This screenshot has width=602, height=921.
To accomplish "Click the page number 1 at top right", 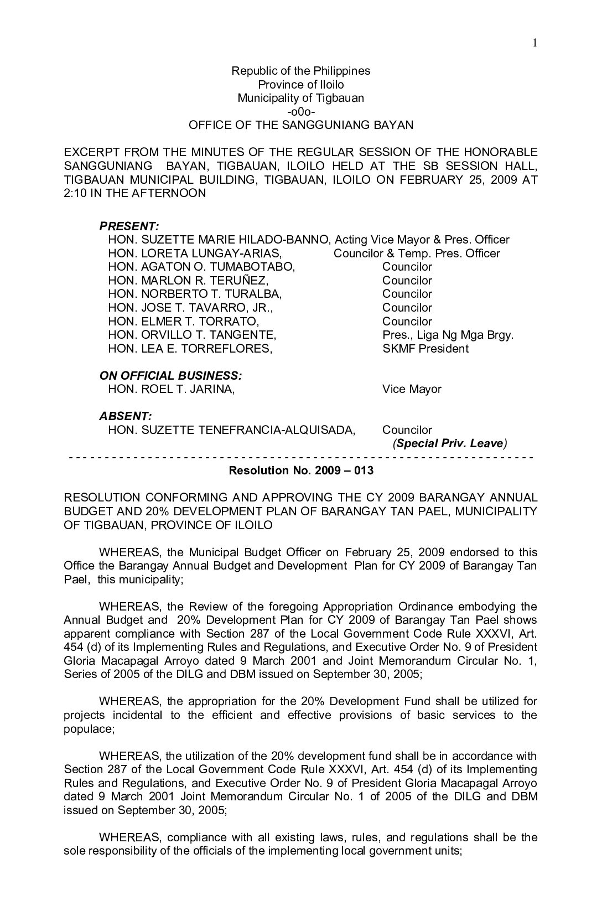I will click(536, 43).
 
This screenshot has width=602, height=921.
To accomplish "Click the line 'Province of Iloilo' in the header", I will click(300, 85).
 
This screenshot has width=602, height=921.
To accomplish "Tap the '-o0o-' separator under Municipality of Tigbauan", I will click(301, 112).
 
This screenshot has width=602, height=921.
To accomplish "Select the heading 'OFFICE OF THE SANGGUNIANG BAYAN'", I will click(301, 125).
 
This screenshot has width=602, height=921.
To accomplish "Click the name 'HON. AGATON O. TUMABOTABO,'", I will click(202, 267).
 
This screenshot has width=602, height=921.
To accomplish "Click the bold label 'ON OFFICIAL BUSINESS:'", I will click(170, 376).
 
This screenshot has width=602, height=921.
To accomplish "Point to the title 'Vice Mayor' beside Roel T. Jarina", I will click(412, 389).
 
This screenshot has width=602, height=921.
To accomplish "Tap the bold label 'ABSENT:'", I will click(126, 416).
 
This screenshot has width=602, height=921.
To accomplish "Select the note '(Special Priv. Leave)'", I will click(450, 443).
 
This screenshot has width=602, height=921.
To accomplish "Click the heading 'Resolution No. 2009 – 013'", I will click(301, 471).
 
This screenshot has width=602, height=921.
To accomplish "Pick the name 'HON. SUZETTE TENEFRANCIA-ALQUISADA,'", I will click(232, 430).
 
